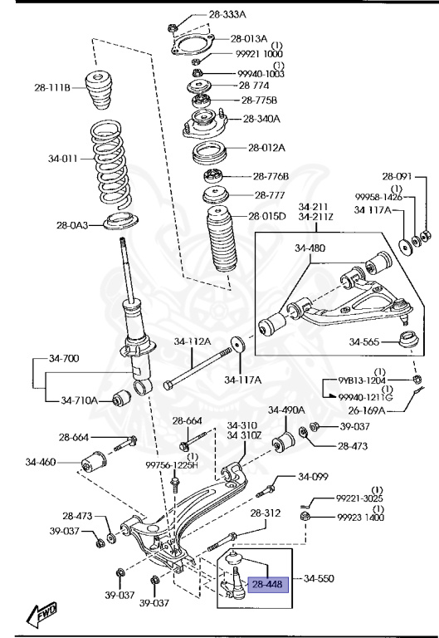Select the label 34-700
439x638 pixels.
pyautogui.click(x=62, y=359)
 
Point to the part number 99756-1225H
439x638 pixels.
pyautogui.click(x=173, y=465)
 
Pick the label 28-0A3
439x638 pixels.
pyautogui.click(x=73, y=225)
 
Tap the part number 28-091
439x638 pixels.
pyautogui.click(x=397, y=176)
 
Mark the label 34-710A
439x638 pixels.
pyautogui.click(x=80, y=400)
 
